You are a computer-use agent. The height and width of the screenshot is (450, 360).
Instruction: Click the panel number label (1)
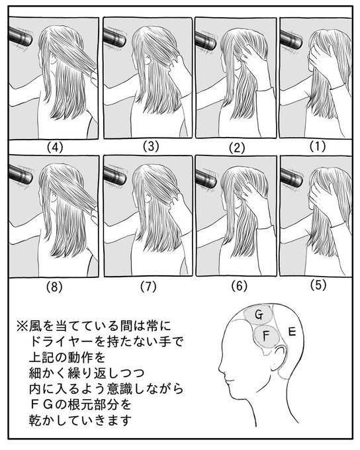pyautogui.click(x=318, y=146)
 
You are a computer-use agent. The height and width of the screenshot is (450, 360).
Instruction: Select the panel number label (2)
pyautogui.click(x=237, y=148)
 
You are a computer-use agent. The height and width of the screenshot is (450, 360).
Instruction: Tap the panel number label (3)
pyautogui.click(x=151, y=146)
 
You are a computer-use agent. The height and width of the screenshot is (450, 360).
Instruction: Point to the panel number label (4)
pyautogui.click(x=55, y=148)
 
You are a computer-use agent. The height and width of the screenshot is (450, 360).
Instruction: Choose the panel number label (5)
pyautogui.click(x=318, y=285)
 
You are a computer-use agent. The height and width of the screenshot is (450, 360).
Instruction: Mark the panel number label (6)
pyautogui.click(x=239, y=286)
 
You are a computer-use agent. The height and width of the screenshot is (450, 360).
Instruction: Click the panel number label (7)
pyautogui.click(x=148, y=287)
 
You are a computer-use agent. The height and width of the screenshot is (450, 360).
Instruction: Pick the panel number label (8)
pyautogui.click(x=54, y=287)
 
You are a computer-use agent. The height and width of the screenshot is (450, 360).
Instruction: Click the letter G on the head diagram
pyautogui.click(x=259, y=315)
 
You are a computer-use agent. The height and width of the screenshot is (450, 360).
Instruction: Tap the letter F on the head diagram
pyautogui.click(x=266, y=336)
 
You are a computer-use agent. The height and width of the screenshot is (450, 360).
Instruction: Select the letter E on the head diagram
pyautogui.click(x=292, y=332)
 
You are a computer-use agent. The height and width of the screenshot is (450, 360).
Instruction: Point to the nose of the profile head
pyautogui.click(x=221, y=369)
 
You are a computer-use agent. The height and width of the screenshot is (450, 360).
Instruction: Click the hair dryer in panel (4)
pyautogui.click(x=21, y=36)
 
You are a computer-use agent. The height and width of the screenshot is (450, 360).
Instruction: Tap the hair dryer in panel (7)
pyautogui.click(x=115, y=175)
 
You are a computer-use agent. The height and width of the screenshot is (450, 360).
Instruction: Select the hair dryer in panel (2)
pyautogui.click(x=206, y=40)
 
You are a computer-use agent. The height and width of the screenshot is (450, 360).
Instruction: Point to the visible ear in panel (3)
pyautogui.click(x=148, y=60)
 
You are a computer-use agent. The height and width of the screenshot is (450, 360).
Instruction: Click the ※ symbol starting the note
pyautogui.click(x=22, y=326)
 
